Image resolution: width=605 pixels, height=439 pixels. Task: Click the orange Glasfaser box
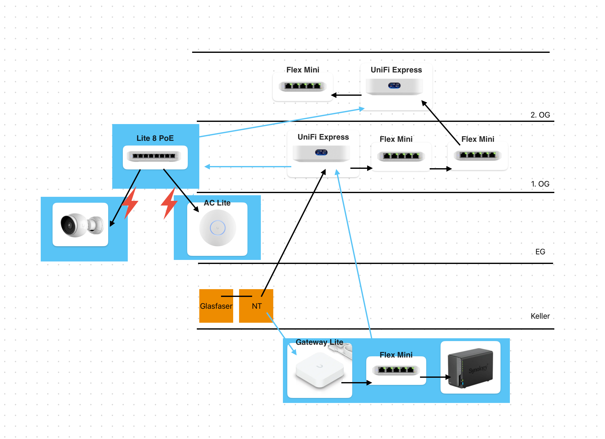(216, 306)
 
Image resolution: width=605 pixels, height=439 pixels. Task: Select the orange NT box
(256, 306)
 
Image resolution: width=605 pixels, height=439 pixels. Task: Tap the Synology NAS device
(470, 368)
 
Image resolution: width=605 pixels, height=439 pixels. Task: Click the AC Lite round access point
(218, 228)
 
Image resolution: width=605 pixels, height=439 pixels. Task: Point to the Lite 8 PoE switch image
(155, 156)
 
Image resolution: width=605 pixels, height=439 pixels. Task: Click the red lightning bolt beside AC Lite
(169, 204)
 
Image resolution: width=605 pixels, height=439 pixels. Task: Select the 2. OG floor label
(540, 115)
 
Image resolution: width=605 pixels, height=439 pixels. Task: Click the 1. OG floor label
(540, 184)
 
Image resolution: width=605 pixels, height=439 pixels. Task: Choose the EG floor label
(540, 252)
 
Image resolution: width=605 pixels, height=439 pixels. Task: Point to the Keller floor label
(540, 316)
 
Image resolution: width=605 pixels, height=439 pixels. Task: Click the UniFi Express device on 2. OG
(395, 86)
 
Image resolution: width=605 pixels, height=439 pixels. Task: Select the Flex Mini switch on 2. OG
(302, 86)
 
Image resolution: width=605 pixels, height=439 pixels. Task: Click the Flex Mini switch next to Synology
(396, 370)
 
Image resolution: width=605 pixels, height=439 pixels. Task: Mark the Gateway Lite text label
(319, 342)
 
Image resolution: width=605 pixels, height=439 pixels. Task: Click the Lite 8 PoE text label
(155, 138)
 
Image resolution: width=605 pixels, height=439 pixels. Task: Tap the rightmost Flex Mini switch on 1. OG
(478, 155)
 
